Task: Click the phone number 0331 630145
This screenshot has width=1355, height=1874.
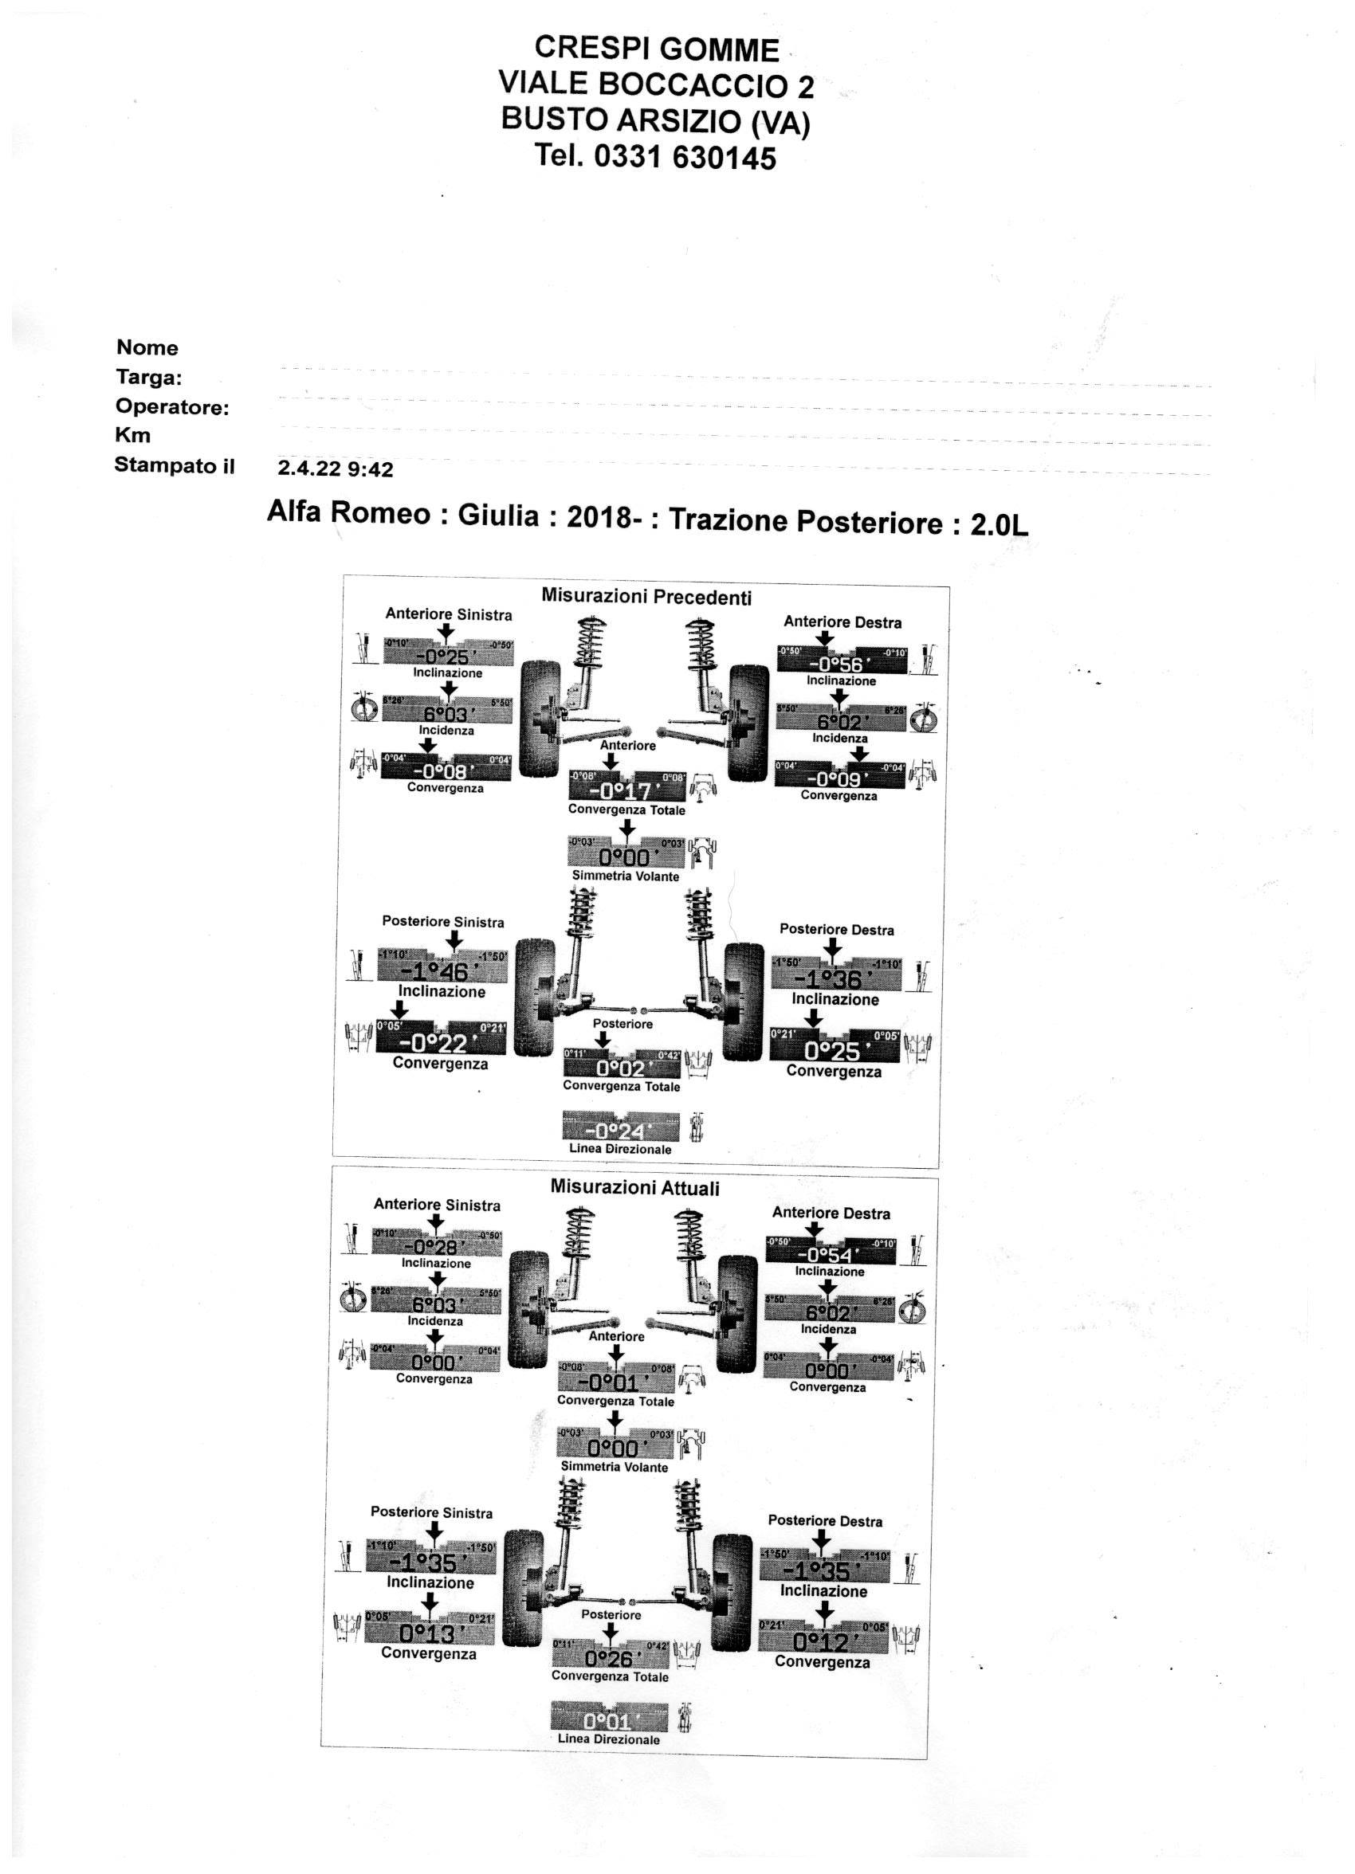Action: pyautogui.click(x=685, y=157)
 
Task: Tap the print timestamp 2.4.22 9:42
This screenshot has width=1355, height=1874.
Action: pyautogui.click(x=335, y=469)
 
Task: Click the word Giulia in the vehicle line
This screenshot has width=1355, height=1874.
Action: pyautogui.click(x=497, y=516)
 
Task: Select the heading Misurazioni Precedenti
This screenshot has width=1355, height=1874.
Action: pyautogui.click(x=646, y=597)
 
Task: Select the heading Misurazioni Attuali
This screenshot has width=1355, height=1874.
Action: pyautogui.click(x=634, y=1188)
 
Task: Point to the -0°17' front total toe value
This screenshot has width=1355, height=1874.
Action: pyautogui.click(x=626, y=791)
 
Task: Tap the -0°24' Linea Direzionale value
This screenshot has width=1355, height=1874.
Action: pyautogui.click(x=619, y=1131)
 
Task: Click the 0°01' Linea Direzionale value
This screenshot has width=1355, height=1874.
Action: pyautogui.click(x=607, y=1721)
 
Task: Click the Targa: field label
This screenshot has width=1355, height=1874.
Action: pyautogui.click(x=149, y=378)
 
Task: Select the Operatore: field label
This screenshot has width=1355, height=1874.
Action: pyautogui.click(x=172, y=407)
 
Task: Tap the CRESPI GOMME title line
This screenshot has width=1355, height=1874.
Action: pyautogui.click(x=657, y=50)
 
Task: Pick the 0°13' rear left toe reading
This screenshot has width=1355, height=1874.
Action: pyautogui.click(x=429, y=1633)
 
